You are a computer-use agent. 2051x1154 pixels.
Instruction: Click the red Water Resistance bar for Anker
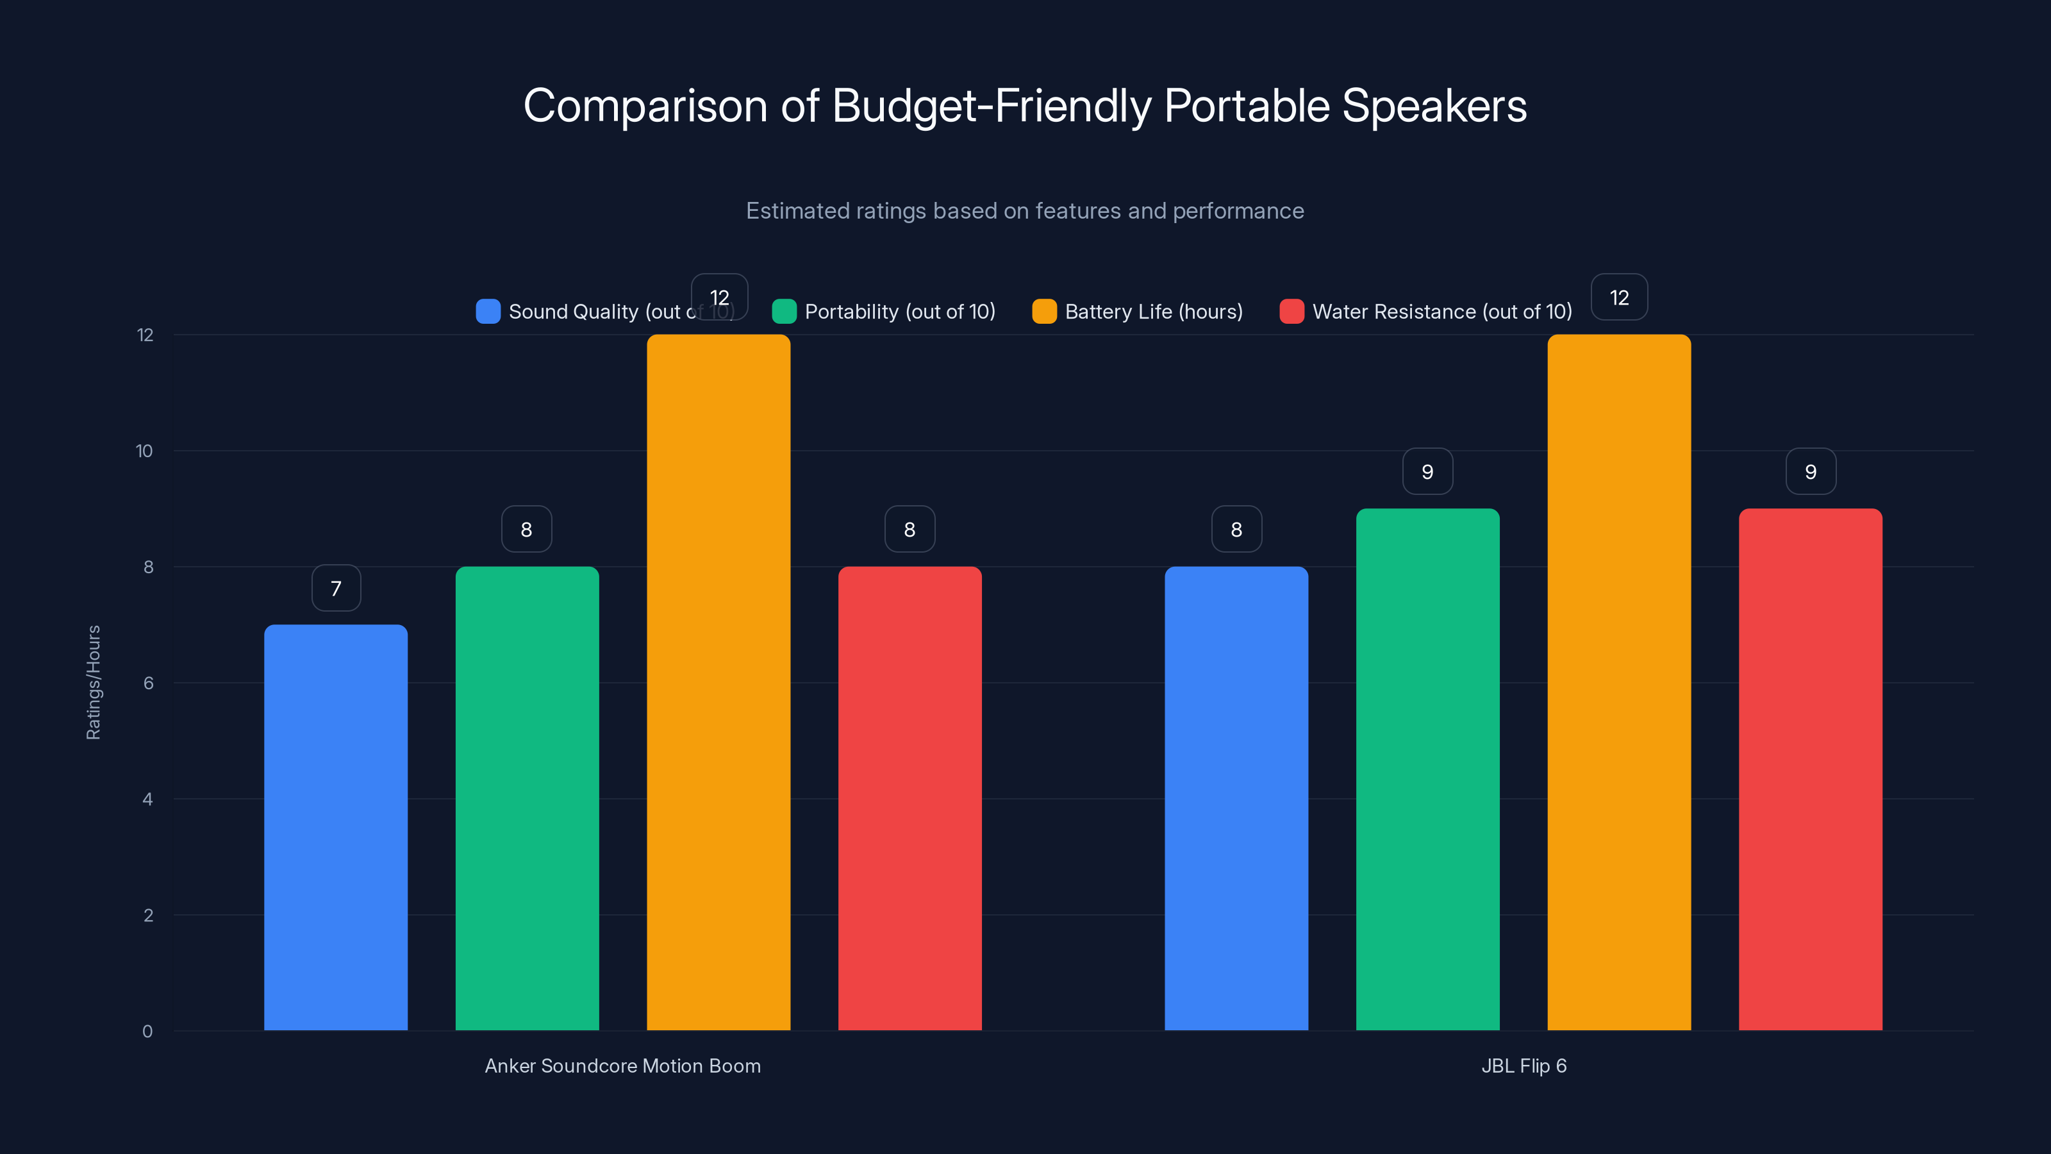tap(909, 798)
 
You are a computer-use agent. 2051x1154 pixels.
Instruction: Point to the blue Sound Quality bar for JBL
tap(1236, 798)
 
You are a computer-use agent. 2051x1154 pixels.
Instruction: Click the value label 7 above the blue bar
tap(336, 589)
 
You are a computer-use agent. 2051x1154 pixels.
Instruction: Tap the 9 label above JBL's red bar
tap(1810, 471)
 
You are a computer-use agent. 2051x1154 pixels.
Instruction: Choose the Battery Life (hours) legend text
tap(1154, 312)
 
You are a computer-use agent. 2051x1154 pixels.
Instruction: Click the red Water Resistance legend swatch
tap(1291, 312)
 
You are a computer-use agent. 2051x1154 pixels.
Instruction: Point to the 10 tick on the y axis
tap(144, 451)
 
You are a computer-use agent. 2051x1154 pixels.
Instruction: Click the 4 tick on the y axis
tap(147, 799)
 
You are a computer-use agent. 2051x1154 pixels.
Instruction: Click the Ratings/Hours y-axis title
tap(93, 683)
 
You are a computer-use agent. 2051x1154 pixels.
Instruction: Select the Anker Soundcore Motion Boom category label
tap(622, 1066)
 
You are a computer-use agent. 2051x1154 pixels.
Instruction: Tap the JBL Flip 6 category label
tap(1523, 1066)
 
